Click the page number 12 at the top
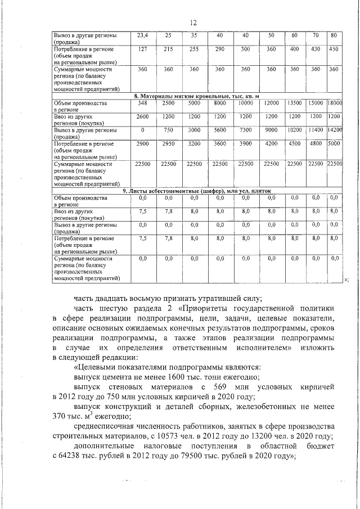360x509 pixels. (192, 23)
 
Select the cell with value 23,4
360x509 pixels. (142, 35)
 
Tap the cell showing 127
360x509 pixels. (142, 49)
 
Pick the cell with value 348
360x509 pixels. (142, 103)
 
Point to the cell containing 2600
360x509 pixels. (142, 116)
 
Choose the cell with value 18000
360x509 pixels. (335, 103)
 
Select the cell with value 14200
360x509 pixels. (335, 130)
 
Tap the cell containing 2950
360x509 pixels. (168, 143)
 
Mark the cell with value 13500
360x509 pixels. (295, 103)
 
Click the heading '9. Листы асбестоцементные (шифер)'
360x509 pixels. (196, 191)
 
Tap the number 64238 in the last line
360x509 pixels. (70, 457)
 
